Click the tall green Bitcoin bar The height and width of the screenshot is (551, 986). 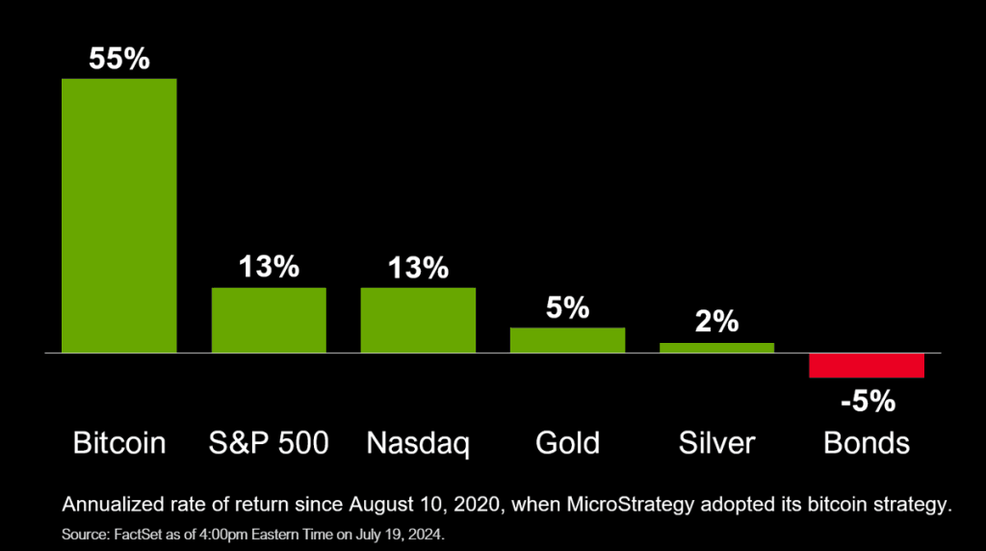click(x=119, y=215)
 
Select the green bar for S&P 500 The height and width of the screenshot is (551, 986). click(x=269, y=320)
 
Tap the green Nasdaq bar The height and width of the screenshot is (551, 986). click(x=418, y=320)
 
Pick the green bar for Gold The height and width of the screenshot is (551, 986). click(x=567, y=340)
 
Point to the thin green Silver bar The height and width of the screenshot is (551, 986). click(x=716, y=348)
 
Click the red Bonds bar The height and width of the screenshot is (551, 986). click(x=867, y=365)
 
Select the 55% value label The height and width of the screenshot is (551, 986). click(x=119, y=59)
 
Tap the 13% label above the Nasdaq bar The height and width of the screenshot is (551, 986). click(x=418, y=268)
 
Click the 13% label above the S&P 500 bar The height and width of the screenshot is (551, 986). click(x=269, y=268)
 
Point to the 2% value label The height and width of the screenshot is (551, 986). click(x=716, y=323)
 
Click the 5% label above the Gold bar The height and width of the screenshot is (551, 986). click(x=567, y=308)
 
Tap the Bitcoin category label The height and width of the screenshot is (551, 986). click(x=119, y=442)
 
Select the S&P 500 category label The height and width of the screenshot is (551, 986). click(x=269, y=442)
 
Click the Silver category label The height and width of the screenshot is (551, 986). click(x=716, y=442)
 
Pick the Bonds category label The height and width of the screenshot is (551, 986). click(x=867, y=442)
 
